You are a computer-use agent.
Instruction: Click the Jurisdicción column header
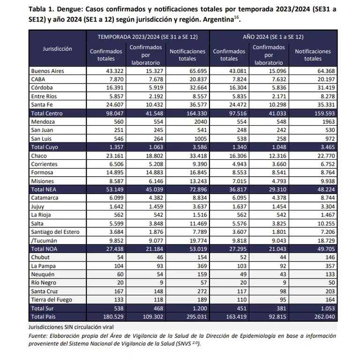point(57,49)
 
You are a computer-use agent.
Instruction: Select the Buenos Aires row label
point(47,71)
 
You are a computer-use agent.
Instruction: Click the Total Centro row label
point(47,113)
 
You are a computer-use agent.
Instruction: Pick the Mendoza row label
point(42,122)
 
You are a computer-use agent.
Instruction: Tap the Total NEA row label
point(44,189)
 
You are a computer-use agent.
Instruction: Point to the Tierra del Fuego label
point(52,300)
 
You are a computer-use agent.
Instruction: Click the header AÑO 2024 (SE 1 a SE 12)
point(273,37)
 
